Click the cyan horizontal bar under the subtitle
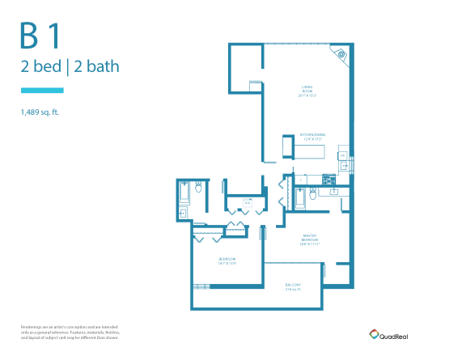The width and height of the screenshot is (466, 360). (41, 90)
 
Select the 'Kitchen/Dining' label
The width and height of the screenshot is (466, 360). (312, 137)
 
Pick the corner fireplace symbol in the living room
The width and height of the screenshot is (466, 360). (341, 55)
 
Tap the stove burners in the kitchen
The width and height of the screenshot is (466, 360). (328, 179)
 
